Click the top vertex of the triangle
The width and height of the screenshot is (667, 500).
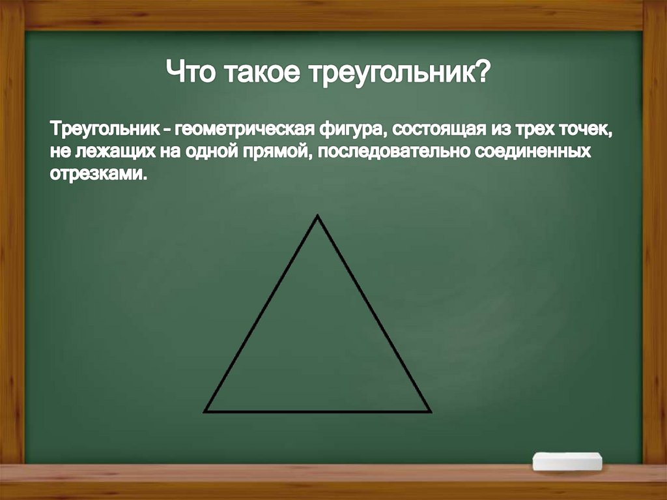point(317,216)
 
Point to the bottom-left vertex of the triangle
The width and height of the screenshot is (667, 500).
point(205,411)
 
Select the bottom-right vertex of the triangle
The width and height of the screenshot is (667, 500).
point(431,411)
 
